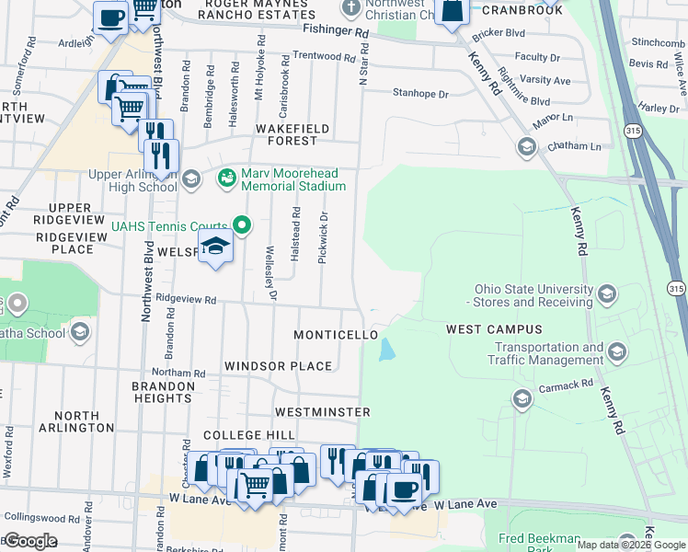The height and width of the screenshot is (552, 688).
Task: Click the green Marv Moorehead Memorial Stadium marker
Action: coord(226,176)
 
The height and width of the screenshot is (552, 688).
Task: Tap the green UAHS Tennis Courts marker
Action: coord(242,224)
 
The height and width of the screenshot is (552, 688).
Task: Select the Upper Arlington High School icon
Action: coord(191,178)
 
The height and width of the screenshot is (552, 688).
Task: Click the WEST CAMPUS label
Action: coord(494,329)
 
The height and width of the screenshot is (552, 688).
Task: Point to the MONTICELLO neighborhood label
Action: coord(336,335)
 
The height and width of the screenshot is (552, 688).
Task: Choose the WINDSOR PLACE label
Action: coord(278,366)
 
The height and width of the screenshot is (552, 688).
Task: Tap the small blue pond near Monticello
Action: coord(387,350)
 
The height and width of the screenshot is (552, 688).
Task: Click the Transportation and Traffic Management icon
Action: coord(616,351)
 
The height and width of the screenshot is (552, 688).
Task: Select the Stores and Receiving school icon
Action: coord(606,294)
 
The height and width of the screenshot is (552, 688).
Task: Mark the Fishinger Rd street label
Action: coord(336,31)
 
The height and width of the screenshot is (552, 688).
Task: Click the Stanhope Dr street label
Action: coord(420,94)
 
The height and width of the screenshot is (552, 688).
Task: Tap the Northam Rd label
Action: coord(186,373)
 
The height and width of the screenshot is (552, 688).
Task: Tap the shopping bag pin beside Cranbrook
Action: coord(453,12)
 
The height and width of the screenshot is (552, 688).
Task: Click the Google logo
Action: coord(30,541)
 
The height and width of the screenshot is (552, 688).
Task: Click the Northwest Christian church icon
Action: coord(350,9)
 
